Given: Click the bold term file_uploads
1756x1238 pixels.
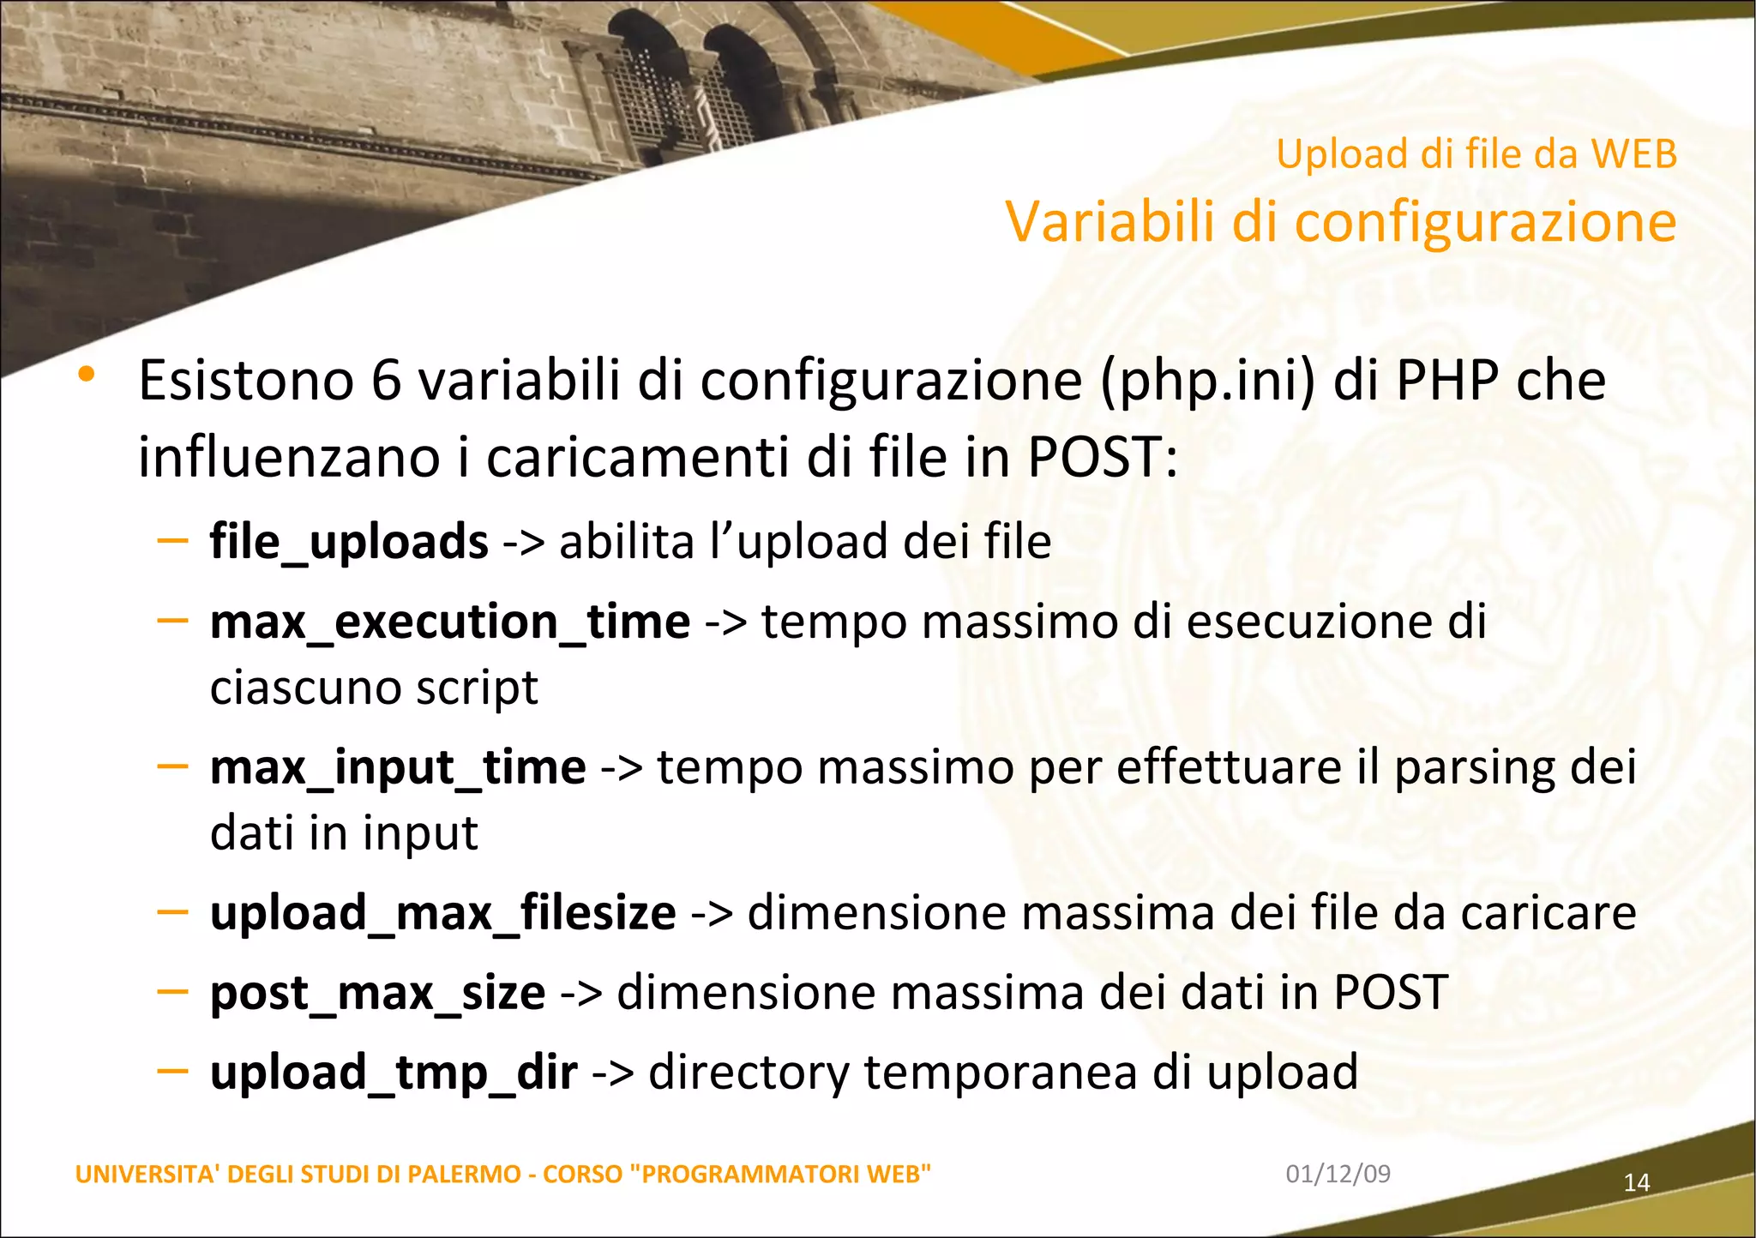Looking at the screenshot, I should point(349,542).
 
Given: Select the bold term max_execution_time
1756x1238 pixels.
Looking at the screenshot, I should point(450,622).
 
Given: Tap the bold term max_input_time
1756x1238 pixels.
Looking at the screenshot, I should point(398,767).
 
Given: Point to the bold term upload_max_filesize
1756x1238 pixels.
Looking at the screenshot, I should point(442,912).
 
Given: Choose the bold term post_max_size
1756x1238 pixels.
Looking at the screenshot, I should point(377,993).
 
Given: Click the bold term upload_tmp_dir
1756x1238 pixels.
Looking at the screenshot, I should point(394,1073).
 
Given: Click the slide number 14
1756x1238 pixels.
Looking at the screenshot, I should point(1637,1183).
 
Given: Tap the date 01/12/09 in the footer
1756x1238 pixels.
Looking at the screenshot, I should point(1338,1174).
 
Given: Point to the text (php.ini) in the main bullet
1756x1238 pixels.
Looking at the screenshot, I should point(1207,380).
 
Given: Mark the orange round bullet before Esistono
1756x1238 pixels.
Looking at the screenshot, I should point(86,375).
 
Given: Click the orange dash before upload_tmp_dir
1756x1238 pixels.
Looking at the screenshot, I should point(172,1070).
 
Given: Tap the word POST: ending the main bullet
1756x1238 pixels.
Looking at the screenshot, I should point(1103,457).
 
